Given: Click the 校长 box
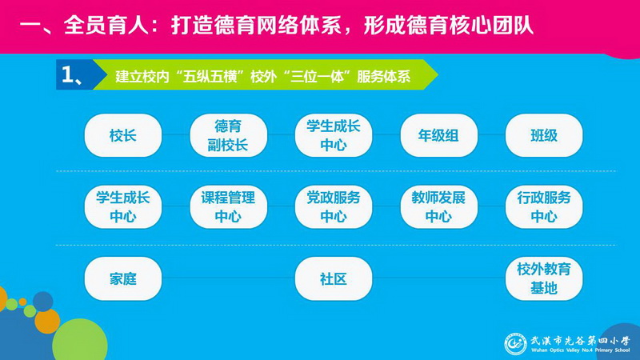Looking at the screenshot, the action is click(123, 135).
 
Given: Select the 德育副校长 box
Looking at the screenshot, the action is click(228, 135).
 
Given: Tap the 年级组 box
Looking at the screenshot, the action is click(438, 135).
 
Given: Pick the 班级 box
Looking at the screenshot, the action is click(544, 135).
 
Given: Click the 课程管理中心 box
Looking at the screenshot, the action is click(228, 207).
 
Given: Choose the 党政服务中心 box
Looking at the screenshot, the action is click(334, 207).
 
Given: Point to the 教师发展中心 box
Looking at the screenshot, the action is click(438, 207).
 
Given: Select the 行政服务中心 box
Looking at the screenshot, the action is click(544, 207).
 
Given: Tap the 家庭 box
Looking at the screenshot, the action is click(123, 278).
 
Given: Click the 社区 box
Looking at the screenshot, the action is click(334, 278).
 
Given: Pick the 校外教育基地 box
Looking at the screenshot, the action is click(544, 278).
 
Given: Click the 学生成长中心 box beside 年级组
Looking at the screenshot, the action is click(334, 135).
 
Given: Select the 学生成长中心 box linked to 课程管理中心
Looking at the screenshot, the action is click(123, 207).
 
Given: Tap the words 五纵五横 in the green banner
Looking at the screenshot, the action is click(210, 76).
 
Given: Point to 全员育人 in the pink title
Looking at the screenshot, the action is click(106, 26).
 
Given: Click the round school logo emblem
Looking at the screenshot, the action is click(515, 344).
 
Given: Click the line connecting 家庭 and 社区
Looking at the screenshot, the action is click(229, 278).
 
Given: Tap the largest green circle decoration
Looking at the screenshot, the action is click(80, 339).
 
